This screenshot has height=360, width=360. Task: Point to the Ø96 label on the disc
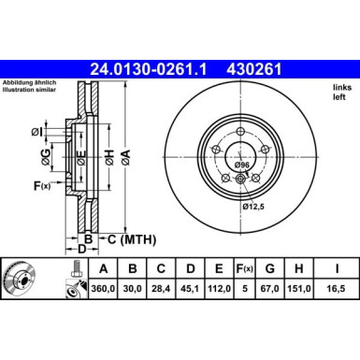(241, 165)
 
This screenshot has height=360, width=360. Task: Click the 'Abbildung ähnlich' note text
(32, 82)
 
